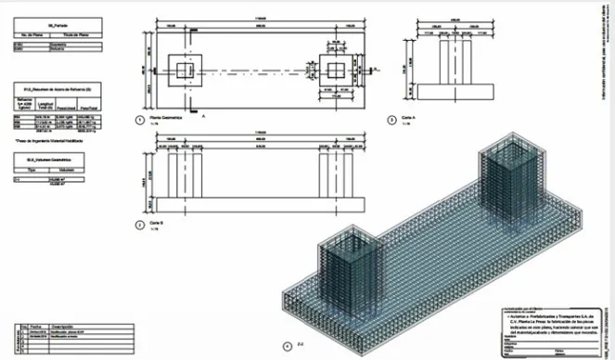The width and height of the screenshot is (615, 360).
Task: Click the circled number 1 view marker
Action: (x=137, y=120)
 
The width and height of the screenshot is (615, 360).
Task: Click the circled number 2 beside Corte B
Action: (x=137, y=224)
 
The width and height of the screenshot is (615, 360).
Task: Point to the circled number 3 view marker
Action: (x=391, y=120)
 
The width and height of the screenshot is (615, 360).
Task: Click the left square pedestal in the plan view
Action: (x=182, y=71)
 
